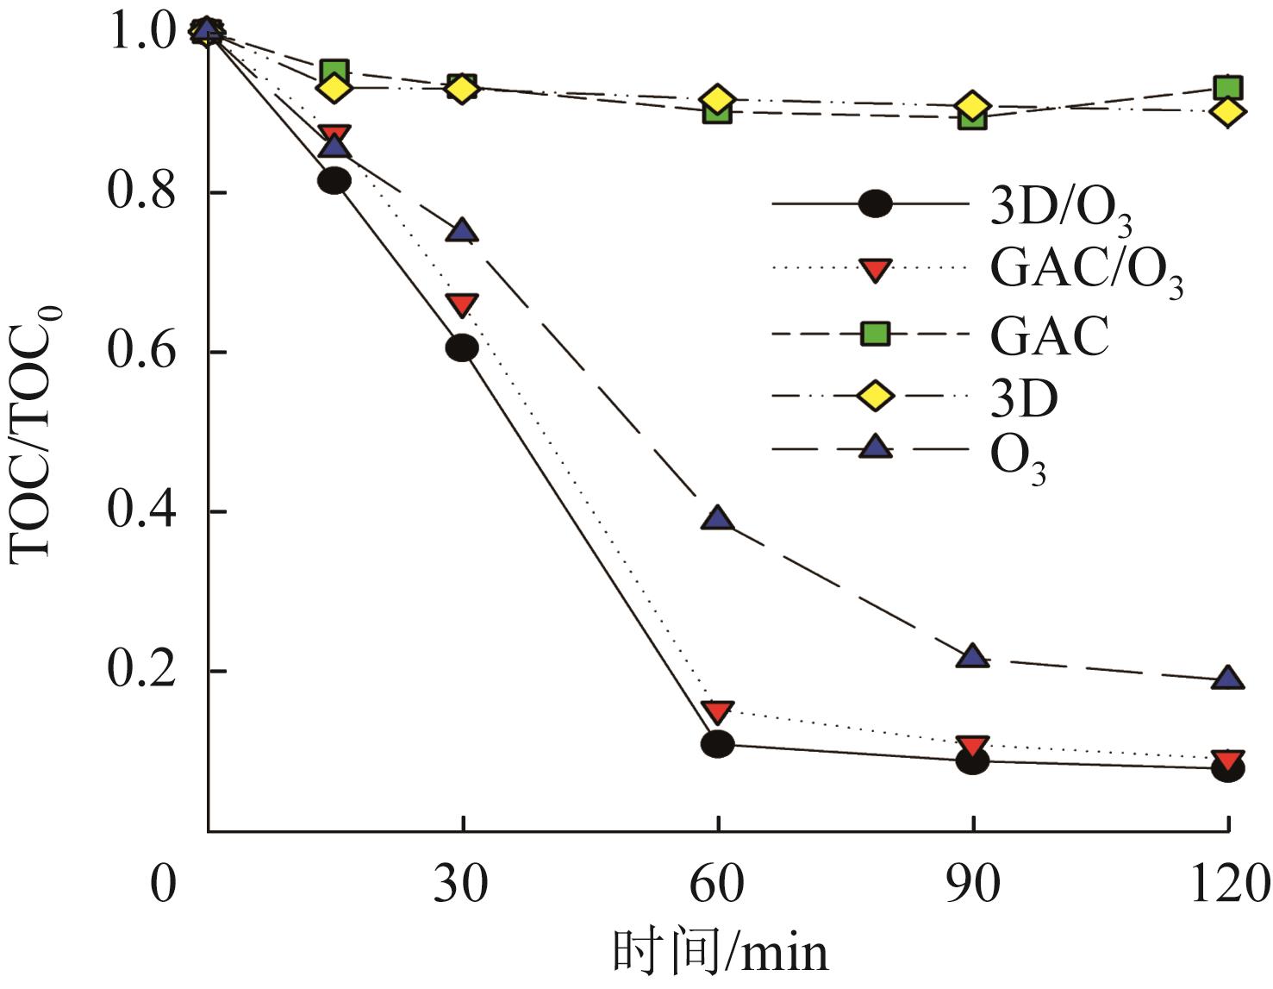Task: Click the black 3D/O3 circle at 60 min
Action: coord(717,743)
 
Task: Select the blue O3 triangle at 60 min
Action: coord(717,518)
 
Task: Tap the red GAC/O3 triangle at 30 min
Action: coord(463,304)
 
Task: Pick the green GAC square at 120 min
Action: coord(1227,87)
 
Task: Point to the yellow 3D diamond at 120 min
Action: coord(1227,111)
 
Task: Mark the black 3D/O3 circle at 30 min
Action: coord(463,347)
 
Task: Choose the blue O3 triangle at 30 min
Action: coord(463,230)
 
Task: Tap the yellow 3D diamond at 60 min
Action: coord(717,99)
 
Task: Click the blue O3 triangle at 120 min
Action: coord(1227,679)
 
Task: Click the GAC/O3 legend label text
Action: coord(1086,272)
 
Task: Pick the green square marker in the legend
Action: coord(876,334)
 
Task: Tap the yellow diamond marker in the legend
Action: coord(876,397)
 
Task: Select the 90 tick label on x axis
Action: coord(973,885)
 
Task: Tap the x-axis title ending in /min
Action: coord(721,954)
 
